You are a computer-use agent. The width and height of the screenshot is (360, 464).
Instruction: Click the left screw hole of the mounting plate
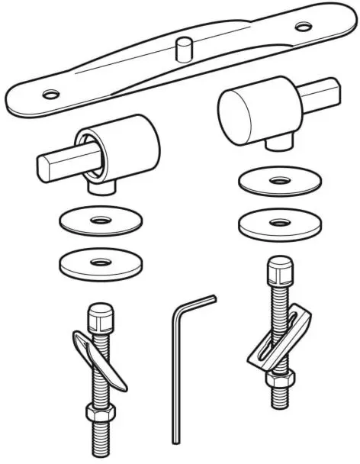pyautogui.click(x=50, y=95)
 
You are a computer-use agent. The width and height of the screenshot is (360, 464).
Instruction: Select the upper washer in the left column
pyautogui.click(x=98, y=221)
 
